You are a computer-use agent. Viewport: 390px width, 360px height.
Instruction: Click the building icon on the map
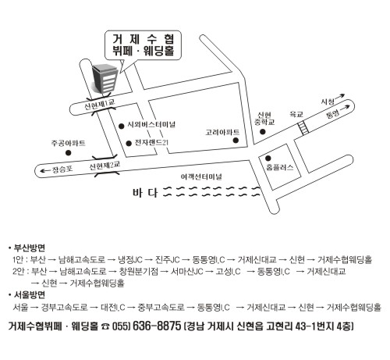point(105,78)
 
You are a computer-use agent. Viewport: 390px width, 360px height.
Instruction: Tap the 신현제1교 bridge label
point(99,104)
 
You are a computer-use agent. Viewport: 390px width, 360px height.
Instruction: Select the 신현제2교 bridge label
point(105,166)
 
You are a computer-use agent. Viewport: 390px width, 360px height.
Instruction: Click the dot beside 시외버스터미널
point(121,127)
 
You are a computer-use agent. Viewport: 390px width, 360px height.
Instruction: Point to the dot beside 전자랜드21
point(129,144)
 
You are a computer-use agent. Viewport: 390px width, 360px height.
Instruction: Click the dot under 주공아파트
point(68,153)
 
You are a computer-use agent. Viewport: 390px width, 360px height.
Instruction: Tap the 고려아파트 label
point(222,132)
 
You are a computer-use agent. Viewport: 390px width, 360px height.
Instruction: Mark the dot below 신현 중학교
point(263,132)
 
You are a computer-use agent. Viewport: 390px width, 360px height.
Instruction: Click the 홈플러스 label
point(279,167)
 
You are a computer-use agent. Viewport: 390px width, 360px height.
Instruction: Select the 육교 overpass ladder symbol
point(303,128)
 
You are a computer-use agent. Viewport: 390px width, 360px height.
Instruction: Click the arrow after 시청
point(339,97)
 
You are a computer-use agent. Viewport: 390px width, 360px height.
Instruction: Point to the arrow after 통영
point(345,107)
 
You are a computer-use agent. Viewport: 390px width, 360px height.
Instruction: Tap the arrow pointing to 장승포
point(45,171)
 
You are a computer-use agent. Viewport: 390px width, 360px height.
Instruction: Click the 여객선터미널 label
point(201,177)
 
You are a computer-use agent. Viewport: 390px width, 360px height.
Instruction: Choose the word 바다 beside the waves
point(145,193)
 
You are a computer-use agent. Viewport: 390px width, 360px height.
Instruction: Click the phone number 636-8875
point(157,326)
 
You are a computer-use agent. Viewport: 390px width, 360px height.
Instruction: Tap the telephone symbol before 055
point(106,326)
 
